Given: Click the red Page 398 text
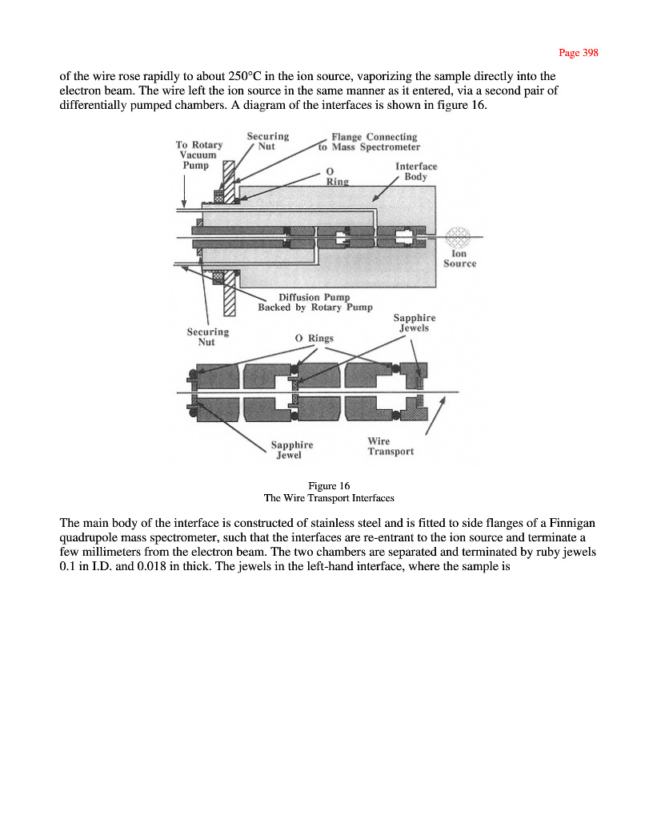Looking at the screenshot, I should coord(578,53).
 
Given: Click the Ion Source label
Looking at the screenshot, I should coord(459,259).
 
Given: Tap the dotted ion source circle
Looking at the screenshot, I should coord(459,236).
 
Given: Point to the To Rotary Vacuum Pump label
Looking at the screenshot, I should coord(198,155).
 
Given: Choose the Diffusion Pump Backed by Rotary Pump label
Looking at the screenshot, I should coord(314,302).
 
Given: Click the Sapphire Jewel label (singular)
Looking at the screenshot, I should coord(291,450).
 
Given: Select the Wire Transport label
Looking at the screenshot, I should coord(391,446).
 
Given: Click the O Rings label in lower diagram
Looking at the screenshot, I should coord(314,338).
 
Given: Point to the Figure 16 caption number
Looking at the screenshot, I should coord(329,485).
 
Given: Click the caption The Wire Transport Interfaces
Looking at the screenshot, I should coord(329,497).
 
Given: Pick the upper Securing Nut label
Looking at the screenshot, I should coord(268,142).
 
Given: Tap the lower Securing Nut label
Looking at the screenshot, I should coord(207,336).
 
